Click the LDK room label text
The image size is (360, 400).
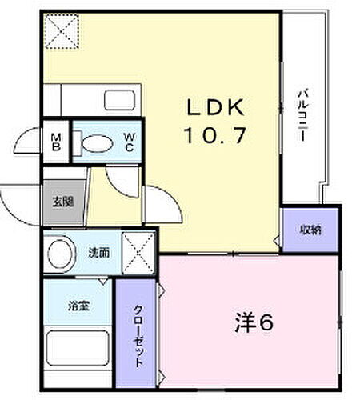214,107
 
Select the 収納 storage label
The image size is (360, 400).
310,230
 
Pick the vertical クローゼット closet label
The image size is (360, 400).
138,335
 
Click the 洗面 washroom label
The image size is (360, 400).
99,254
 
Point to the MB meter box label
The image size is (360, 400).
56,143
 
